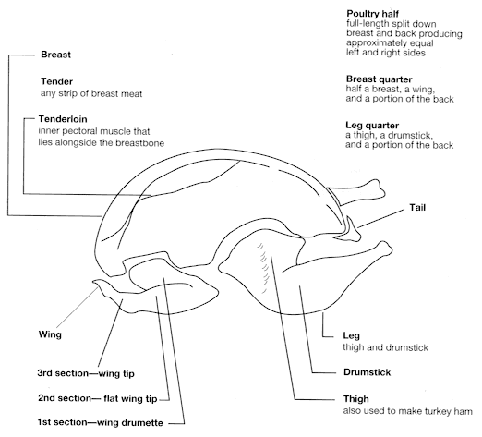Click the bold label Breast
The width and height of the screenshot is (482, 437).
coord(57,55)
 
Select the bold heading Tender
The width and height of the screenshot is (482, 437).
coord(57,80)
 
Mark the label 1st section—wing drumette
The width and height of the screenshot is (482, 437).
coord(104,423)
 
